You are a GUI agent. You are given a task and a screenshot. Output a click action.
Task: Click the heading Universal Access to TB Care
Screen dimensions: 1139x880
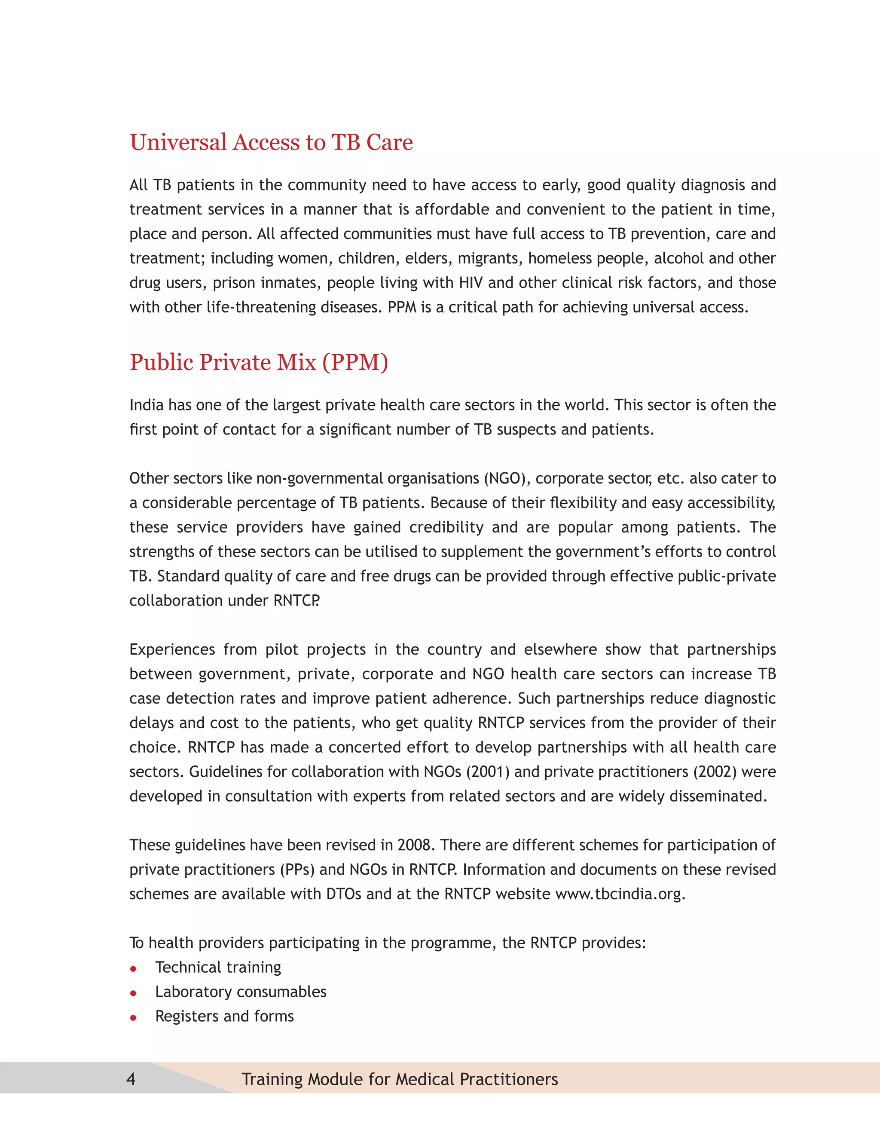pos(271,142)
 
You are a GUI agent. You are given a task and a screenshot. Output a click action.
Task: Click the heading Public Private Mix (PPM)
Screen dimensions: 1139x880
pos(259,362)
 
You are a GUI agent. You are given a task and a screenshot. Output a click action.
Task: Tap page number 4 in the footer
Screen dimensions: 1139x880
pos(131,1078)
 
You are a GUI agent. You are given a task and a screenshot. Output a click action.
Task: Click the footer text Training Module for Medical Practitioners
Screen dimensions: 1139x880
pos(399,1078)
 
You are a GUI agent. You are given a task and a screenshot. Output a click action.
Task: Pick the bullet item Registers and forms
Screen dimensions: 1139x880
pos(224,1016)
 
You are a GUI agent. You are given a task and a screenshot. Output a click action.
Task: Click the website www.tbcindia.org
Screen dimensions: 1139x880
pos(619,894)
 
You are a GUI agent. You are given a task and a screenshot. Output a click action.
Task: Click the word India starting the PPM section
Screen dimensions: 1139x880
pos(147,405)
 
